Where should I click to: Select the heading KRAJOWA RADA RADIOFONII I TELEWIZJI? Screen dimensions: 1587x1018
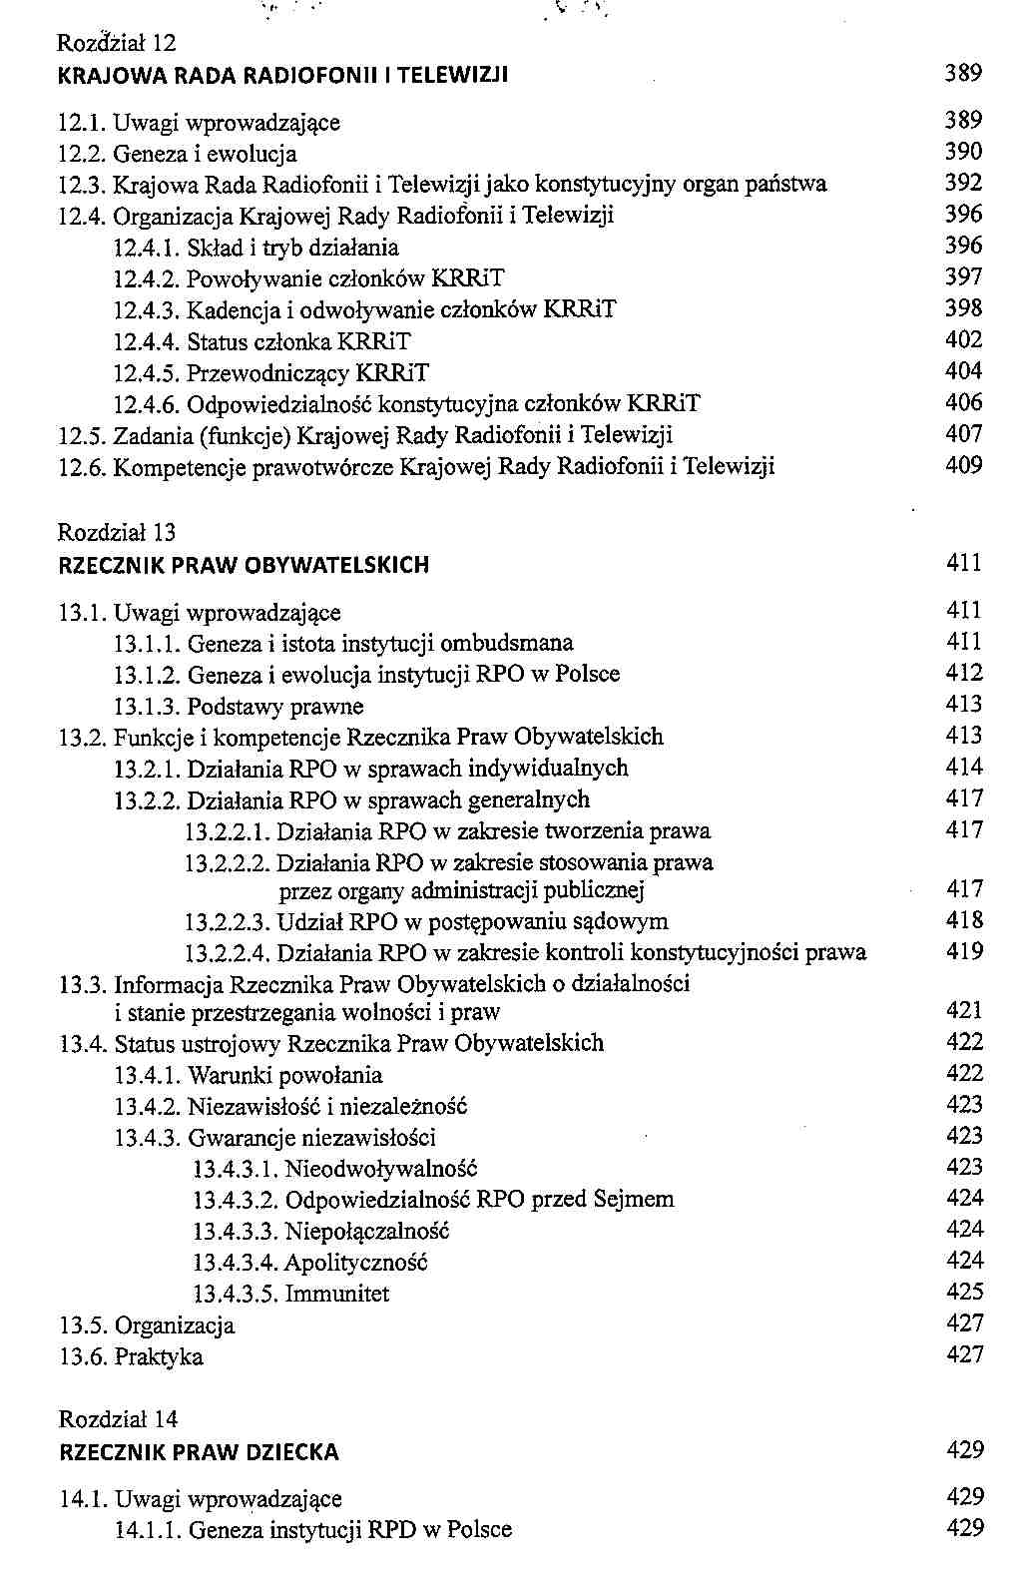(x=284, y=76)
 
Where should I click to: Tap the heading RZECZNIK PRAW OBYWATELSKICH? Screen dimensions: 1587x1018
(x=245, y=565)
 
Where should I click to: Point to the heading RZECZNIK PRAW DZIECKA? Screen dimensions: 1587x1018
(x=200, y=1453)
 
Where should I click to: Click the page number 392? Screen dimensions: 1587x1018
(x=963, y=183)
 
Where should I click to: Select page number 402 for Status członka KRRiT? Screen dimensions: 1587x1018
(x=963, y=340)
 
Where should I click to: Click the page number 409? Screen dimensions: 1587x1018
(x=963, y=465)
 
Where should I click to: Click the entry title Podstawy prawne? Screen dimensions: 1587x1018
(x=275, y=707)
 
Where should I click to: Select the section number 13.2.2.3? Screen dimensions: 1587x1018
(x=229, y=921)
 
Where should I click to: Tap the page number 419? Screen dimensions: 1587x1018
(x=964, y=951)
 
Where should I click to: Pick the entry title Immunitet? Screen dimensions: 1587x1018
(x=337, y=1295)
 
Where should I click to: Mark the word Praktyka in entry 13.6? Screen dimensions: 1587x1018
(x=159, y=1357)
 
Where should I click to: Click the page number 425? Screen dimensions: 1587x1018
(x=964, y=1293)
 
